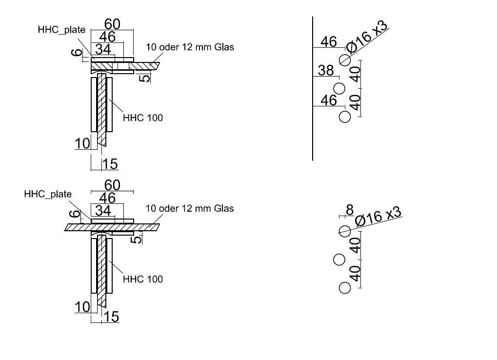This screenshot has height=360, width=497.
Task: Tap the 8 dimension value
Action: coord(349,210)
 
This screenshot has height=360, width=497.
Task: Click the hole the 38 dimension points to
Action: coord(339,88)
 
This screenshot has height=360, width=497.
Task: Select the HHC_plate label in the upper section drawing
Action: coord(61,30)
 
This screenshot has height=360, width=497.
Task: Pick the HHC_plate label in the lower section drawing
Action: coord(48,194)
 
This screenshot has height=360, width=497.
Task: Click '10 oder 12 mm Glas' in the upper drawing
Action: coord(190,47)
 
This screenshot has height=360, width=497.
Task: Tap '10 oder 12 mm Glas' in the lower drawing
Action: coord(190,208)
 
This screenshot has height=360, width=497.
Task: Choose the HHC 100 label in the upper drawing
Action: coord(143,118)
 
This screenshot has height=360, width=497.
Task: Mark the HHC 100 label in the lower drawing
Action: coord(143,279)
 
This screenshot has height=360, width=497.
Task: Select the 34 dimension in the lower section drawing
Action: coord(103,211)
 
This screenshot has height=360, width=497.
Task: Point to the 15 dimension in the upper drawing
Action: coord(111,164)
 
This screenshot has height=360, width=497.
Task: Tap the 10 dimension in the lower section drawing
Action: coord(82,307)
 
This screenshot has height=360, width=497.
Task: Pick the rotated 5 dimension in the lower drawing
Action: coord(139,239)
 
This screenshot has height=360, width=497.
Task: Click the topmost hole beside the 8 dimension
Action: coord(345,231)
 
